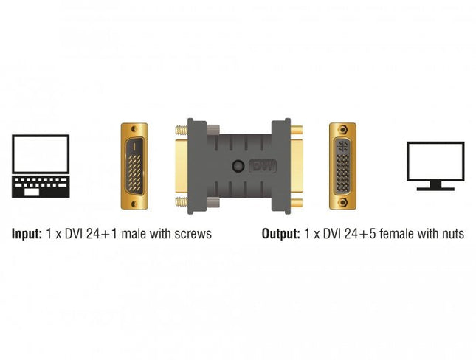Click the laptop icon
[41, 165]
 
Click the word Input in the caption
[26, 235]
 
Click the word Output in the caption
[280, 235]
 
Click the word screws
[193, 235]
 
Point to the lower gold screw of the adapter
[179, 201]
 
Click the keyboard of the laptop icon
[41, 184]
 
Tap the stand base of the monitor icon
[435, 188]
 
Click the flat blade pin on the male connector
[134, 147]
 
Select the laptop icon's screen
[41, 153]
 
